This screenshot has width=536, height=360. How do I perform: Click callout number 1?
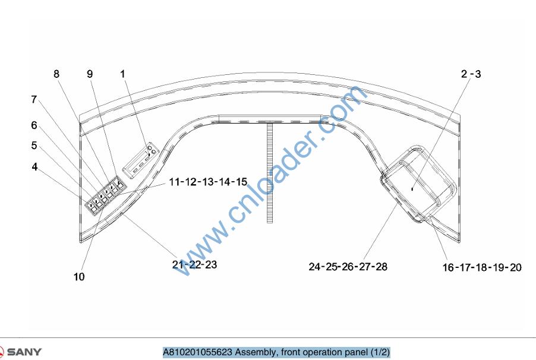[123, 74]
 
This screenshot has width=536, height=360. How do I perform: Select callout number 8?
[56, 74]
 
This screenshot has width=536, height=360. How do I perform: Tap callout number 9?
[90, 74]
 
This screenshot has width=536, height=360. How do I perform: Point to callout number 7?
[34, 99]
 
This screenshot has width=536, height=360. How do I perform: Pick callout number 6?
[34, 125]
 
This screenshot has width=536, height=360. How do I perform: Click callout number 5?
[34, 146]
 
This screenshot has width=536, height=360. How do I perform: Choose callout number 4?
[34, 167]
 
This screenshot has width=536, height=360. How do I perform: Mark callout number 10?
[79, 277]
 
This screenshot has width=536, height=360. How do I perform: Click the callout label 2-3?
[471, 74]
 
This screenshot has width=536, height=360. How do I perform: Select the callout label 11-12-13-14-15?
[208, 182]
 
